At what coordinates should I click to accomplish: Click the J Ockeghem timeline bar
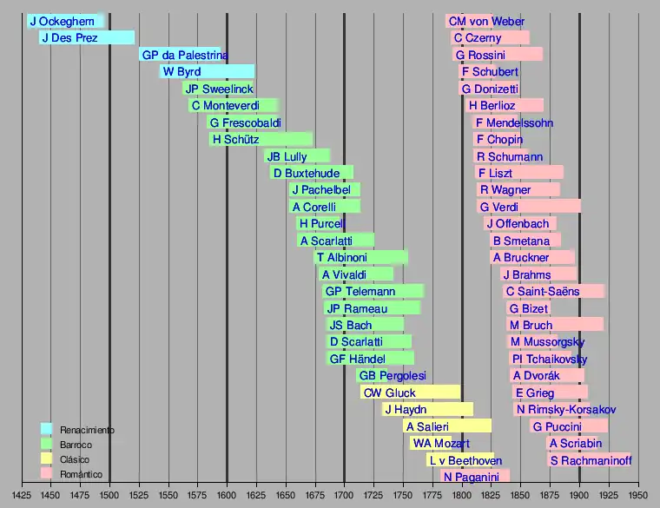tap(64, 21)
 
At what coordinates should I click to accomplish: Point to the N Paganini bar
tap(474, 477)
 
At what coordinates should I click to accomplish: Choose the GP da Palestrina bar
tap(181, 55)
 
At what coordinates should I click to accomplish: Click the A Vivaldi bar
tap(357, 274)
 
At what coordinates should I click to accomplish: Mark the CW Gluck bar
tap(409, 393)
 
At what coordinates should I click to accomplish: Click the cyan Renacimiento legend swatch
tap(47, 429)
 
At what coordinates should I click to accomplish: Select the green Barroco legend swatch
tap(47, 444)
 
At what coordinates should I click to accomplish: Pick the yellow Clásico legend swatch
tap(47, 459)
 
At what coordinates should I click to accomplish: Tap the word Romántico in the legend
tap(82, 474)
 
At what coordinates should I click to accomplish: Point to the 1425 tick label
tap(21, 494)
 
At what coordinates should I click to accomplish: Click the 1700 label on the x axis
tap(345, 494)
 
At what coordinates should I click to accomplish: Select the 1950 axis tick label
tap(639, 494)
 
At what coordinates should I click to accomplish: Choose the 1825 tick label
tap(492, 494)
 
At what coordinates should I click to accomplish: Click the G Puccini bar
tap(570, 426)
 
